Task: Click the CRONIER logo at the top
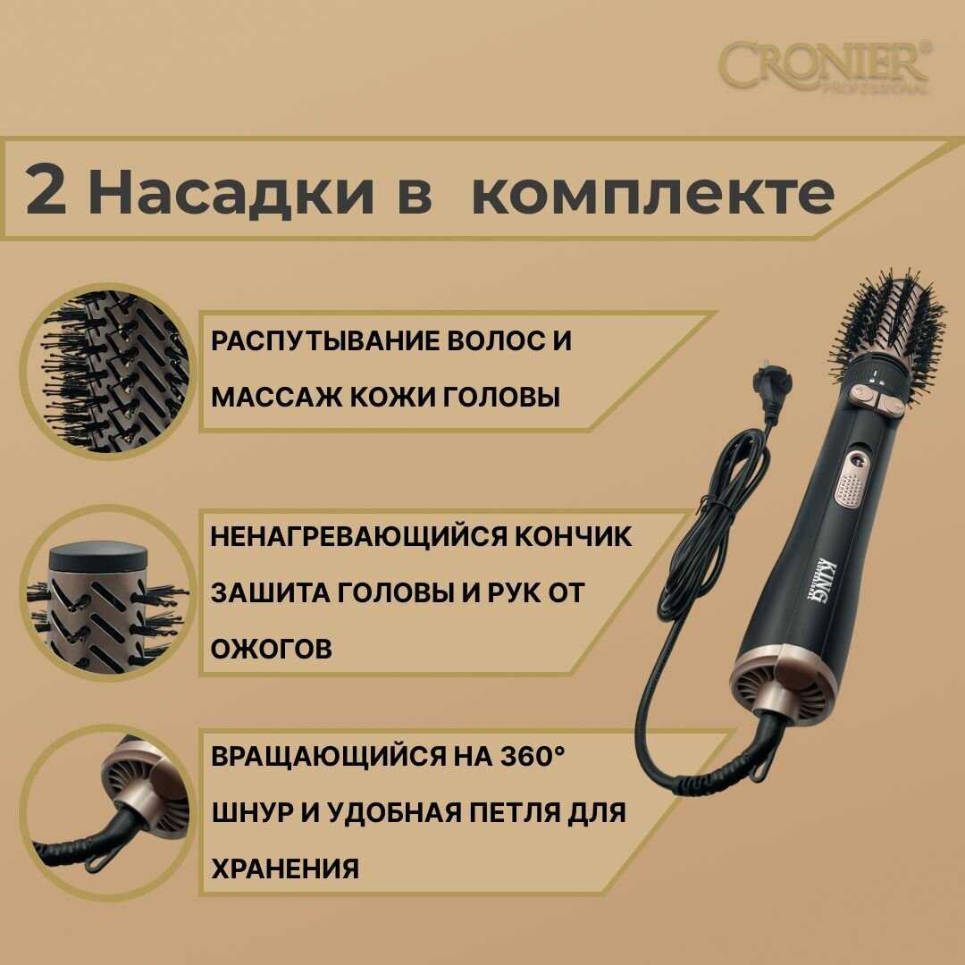click(825, 66)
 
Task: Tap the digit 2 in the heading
click(46, 189)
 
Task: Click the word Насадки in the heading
click(231, 189)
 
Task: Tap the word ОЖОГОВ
click(272, 649)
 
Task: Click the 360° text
click(532, 757)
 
